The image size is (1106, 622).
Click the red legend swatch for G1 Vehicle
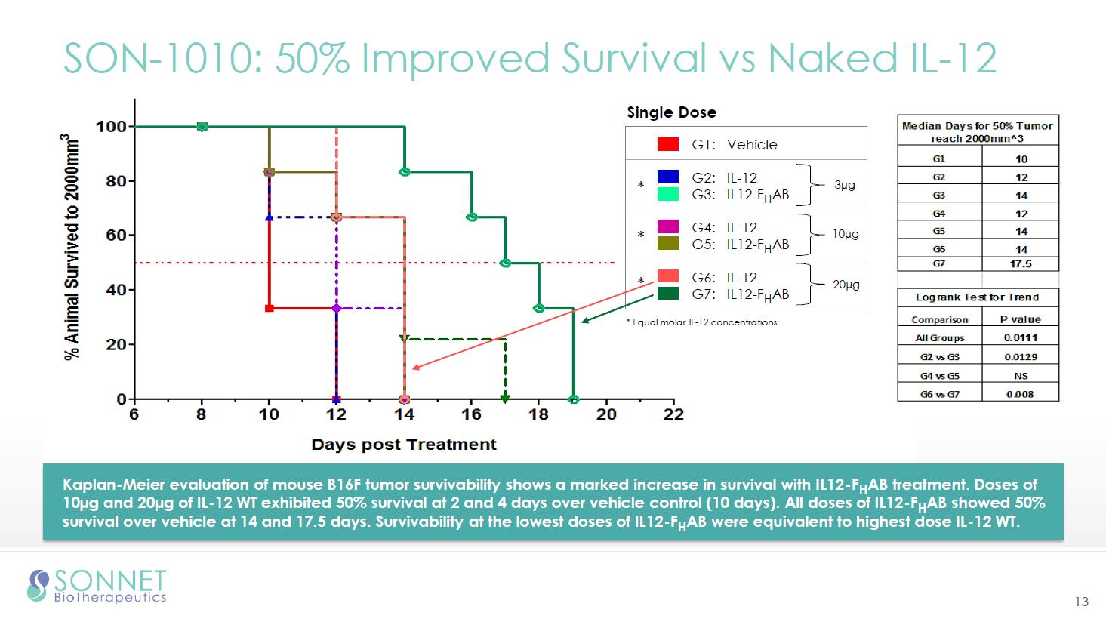click(x=668, y=144)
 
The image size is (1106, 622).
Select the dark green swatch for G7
click(x=668, y=294)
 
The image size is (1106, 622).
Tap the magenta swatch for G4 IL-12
click(x=668, y=226)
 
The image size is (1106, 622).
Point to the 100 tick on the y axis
click(x=111, y=126)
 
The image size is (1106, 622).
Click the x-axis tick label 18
click(x=538, y=414)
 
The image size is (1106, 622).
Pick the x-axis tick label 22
click(x=673, y=414)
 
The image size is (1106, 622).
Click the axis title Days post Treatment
click(x=404, y=445)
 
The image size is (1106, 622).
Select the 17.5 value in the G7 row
click(x=1021, y=264)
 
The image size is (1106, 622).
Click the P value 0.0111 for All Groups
click(x=1021, y=338)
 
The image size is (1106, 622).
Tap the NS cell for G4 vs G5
click(x=1021, y=376)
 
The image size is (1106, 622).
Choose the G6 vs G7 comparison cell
click(x=939, y=394)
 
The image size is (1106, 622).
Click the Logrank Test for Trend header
click(x=977, y=297)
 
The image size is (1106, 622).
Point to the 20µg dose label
click(x=846, y=285)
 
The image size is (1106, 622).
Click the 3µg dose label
click(x=845, y=185)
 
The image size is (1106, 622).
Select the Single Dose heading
click(x=671, y=112)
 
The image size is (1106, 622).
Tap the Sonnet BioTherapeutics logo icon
click(x=38, y=586)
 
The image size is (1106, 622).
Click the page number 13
click(x=1082, y=602)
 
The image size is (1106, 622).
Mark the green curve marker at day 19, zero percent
click(x=574, y=399)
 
